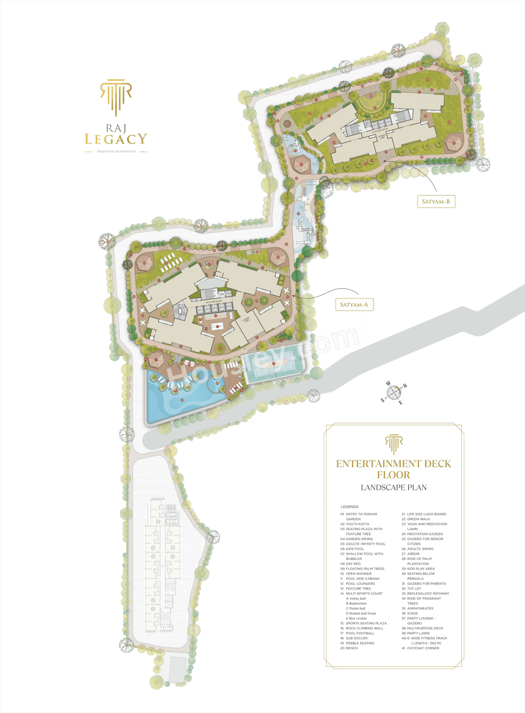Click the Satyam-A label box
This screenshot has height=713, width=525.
pyautogui.click(x=354, y=305)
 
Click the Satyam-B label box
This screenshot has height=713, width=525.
pyautogui.click(x=436, y=201)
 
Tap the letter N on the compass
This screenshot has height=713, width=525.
pyautogui.click(x=405, y=386)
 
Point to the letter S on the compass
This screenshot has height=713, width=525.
pyautogui.click(x=383, y=400)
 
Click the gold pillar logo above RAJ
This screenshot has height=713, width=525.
pyautogui.click(x=116, y=97)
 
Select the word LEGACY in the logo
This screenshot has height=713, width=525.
pyautogui.click(x=116, y=139)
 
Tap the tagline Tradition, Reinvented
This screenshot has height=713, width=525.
pyautogui.click(x=116, y=152)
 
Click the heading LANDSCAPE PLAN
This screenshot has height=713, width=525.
pyautogui.click(x=394, y=487)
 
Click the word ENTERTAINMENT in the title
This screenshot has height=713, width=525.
pyautogui.click(x=377, y=464)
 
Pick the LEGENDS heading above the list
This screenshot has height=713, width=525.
pyautogui.click(x=349, y=507)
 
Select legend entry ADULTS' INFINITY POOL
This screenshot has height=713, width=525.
pyautogui.click(x=365, y=544)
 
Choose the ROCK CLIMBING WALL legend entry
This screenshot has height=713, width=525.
pyautogui.click(x=364, y=628)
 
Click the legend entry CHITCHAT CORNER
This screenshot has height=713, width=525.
pyautogui.click(x=423, y=648)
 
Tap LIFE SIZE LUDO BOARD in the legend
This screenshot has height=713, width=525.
pyautogui.click(x=426, y=514)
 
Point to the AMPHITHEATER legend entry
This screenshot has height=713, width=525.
pyautogui.click(x=420, y=608)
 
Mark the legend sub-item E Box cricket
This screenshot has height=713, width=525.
pyautogui.click(x=356, y=618)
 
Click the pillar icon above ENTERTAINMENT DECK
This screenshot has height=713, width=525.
pyautogui.click(x=394, y=444)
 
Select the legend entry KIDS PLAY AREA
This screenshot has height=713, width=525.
pyautogui.click(x=421, y=569)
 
